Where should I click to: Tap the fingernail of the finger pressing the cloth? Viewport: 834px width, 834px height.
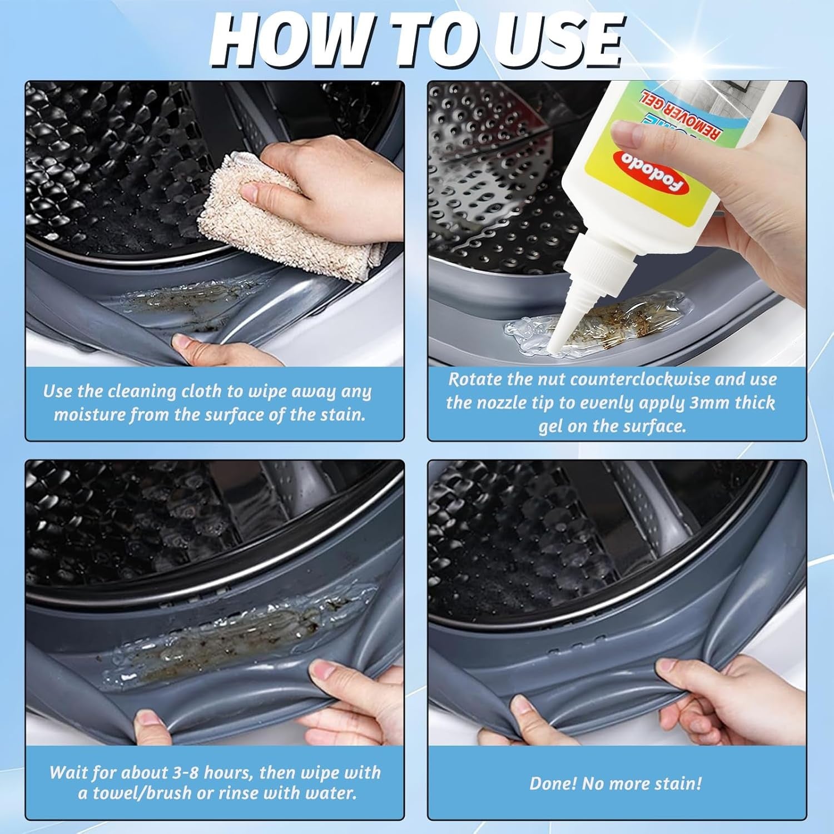click(250, 193)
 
